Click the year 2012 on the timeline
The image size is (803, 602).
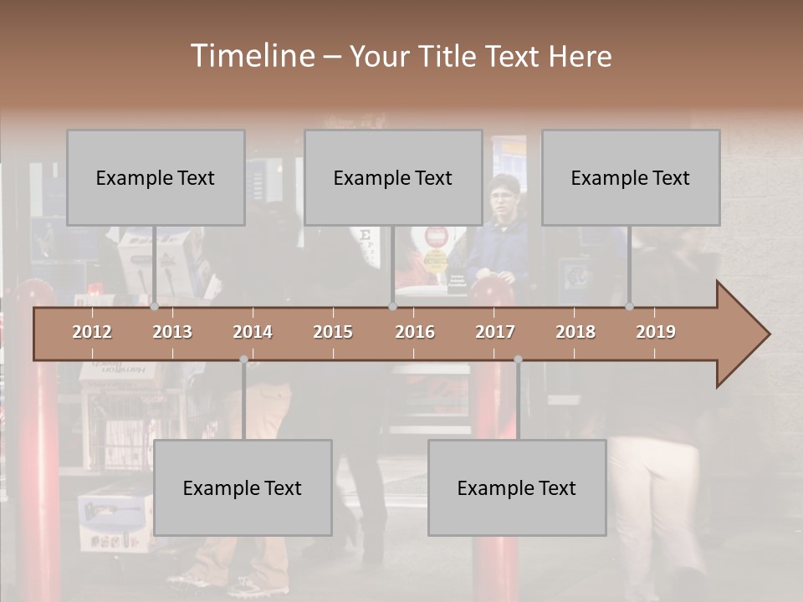[x=92, y=332]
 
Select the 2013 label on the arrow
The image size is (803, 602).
[x=172, y=332]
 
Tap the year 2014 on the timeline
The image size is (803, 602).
[x=253, y=332]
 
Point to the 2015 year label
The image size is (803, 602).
[x=333, y=332]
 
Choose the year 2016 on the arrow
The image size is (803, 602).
[x=415, y=332]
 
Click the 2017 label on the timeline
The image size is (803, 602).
[x=495, y=332]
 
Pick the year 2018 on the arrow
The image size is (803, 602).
[x=575, y=332]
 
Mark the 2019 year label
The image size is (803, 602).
[x=656, y=332]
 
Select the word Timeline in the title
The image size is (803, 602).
[x=252, y=56]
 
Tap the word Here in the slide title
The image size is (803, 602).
[x=580, y=57]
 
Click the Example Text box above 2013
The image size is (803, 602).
[x=156, y=177]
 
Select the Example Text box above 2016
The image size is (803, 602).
[x=393, y=177]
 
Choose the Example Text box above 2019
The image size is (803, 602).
[x=631, y=177]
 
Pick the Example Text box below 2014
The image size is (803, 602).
[x=243, y=487]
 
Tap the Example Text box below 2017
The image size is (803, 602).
[x=517, y=487]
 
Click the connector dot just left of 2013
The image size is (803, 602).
[x=155, y=307]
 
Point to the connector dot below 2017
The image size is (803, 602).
[x=518, y=360]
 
